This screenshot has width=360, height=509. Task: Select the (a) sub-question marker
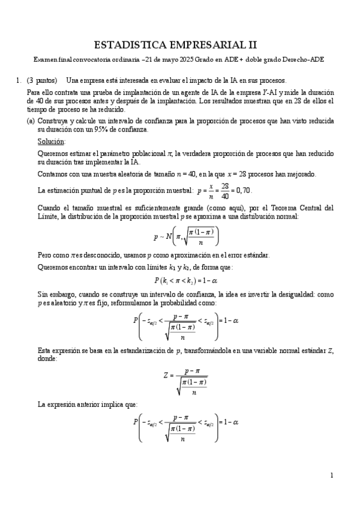(x=31, y=121)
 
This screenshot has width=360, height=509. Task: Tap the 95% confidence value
(x=98, y=130)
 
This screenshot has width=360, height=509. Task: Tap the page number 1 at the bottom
(x=331, y=475)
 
